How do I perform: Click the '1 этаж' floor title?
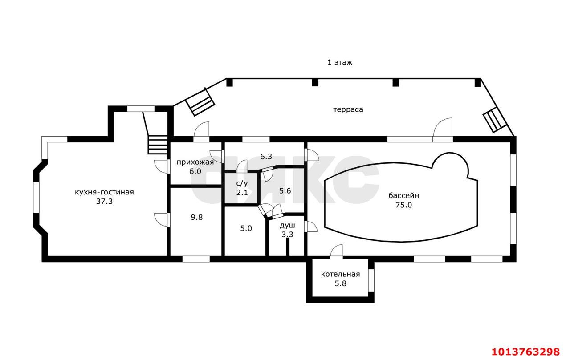point(340,62)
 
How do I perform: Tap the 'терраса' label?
point(348,109)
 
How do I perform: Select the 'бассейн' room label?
point(403,195)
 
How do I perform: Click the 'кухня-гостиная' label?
point(104,192)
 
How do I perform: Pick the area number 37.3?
point(104,202)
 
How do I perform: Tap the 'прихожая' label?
point(195,162)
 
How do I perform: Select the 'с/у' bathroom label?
point(242,183)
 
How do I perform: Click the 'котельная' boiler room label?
point(340,274)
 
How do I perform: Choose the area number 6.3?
point(266,157)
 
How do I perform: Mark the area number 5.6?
point(285,191)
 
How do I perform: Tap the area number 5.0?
point(246,229)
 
